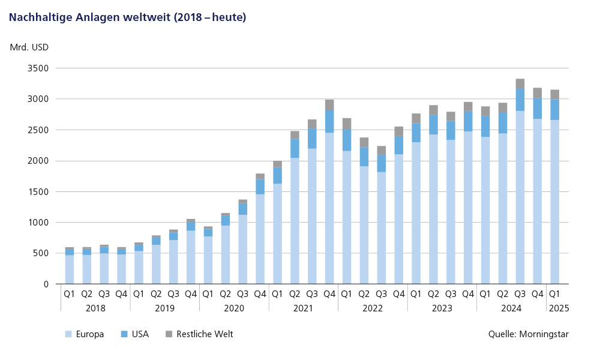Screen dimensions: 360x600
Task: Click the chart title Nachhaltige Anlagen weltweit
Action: pyautogui.click(x=127, y=17)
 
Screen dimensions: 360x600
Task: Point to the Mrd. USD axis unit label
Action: pyautogui.click(x=29, y=47)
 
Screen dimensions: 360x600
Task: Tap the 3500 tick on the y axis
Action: pyautogui.click(x=38, y=68)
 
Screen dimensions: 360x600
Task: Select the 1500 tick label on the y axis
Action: pyautogui.click(x=38, y=191)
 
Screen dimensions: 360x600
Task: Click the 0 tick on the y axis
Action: pyautogui.click(x=45, y=284)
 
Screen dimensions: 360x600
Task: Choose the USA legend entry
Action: pyautogui.click(x=140, y=334)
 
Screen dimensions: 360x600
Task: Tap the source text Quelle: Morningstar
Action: pyautogui.click(x=528, y=334)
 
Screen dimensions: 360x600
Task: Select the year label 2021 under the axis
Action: pyautogui.click(x=303, y=308)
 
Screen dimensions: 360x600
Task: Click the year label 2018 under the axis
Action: pyautogui.click(x=95, y=308)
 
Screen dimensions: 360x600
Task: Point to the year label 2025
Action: pyautogui.click(x=557, y=308)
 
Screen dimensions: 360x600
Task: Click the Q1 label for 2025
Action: pyautogui.click(x=554, y=294)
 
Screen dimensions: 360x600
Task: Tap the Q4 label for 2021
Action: pyautogui.click(x=329, y=294)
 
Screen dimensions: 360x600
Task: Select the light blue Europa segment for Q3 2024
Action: pyautogui.click(x=520, y=198)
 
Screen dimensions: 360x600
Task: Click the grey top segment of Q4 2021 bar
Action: pyautogui.click(x=329, y=104)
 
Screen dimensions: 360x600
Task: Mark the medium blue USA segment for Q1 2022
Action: pyautogui.click(x=347, y=140)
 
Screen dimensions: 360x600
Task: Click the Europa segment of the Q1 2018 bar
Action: pyautogui.click(x=70, y=269)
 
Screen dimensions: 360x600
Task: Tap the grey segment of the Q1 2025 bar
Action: pyautogui.click(x=554, y=94)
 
